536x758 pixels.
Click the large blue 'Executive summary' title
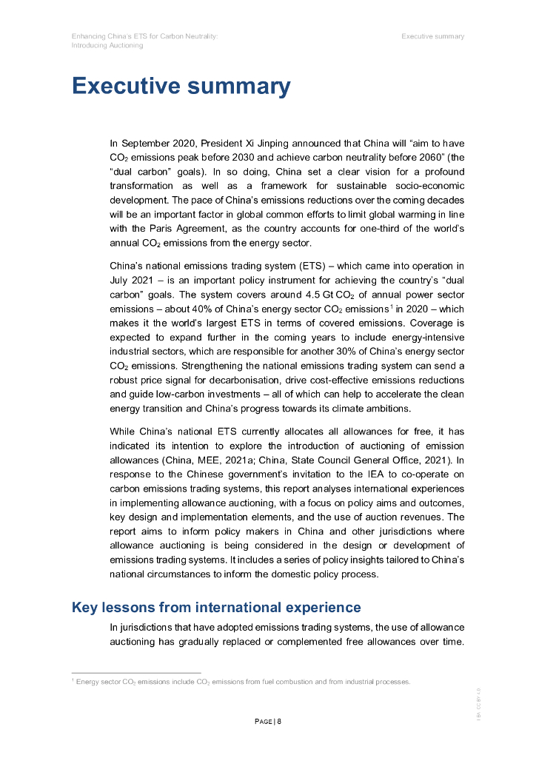[x=181, y=86]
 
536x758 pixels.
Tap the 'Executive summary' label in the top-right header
[x=433, y=36]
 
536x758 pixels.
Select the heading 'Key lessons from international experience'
[x=216, y=608]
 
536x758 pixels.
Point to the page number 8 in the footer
[x=279, y=722]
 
